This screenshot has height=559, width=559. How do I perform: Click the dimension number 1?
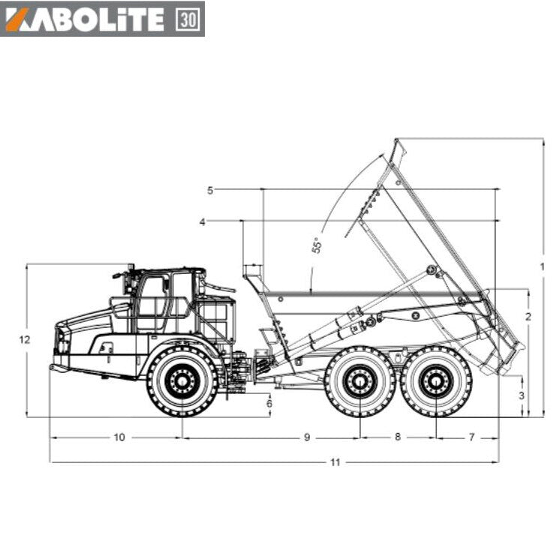(x=542, y=266)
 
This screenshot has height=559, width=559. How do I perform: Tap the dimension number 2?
(x=528, y=316)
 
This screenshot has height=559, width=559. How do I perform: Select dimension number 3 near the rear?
(x=521, y=395)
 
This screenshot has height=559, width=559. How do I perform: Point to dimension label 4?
(x=203, y=222)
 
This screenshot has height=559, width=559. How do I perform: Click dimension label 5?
(x=210, y=191)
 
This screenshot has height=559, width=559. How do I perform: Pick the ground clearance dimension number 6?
(x=269, y=404)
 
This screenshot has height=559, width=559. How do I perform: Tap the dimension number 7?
(x=472, y=437)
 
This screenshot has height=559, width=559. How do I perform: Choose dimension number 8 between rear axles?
(x=398, y=437)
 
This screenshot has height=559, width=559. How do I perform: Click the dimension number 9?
(x=307, y=437)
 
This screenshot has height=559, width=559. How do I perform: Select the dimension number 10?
(x=119, y=437)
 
